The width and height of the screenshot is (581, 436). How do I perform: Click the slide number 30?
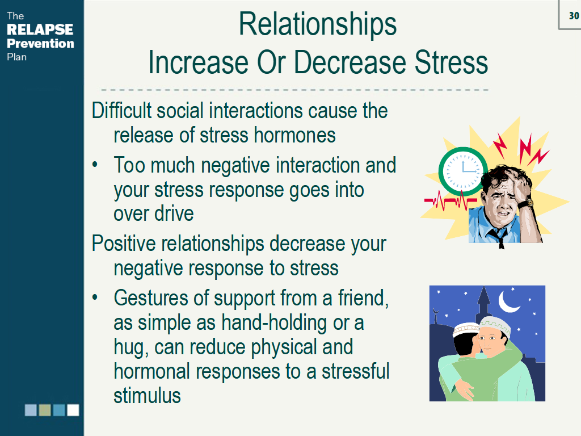click(574, 15)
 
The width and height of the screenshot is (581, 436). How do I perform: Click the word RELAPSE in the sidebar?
click(40, 30)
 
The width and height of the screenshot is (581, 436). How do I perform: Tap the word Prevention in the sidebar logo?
click(40, 43)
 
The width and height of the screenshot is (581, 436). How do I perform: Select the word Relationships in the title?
click(318, 25)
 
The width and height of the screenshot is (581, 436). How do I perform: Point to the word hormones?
click(295, 135)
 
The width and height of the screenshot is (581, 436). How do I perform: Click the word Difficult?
click(121, 111)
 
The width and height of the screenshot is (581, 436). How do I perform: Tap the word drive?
click(172, 213)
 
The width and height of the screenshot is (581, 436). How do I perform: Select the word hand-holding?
click(274, 323)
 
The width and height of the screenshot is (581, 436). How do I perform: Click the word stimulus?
click(147, 396)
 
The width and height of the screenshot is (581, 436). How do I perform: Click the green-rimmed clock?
click(463, 171)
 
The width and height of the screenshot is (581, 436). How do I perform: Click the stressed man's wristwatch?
click(526, 203)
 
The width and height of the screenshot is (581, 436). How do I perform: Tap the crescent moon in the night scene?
click(508, 301)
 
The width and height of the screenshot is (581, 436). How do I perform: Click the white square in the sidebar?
click(73, 410)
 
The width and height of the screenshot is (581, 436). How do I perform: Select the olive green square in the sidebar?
click(45, 410)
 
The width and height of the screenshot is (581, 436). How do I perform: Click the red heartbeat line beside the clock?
click(450, 200)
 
